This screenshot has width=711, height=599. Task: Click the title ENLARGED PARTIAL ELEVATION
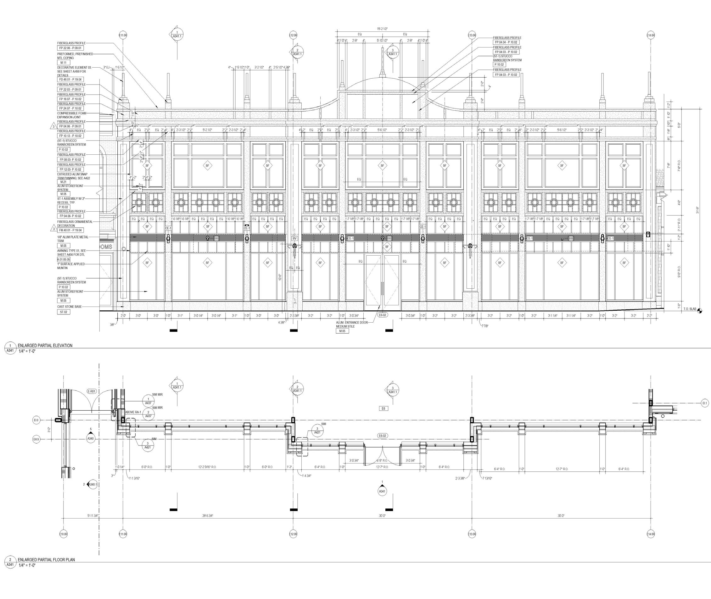coord(45,345)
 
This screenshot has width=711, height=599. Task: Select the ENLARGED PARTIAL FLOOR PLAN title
coord(46,559)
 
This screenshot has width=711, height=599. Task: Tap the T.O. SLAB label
coord(688,309)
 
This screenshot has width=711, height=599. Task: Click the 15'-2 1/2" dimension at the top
coord(382,29)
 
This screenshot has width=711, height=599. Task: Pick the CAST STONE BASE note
coord(69,307)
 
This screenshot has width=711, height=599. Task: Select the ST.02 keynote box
coord(64,312)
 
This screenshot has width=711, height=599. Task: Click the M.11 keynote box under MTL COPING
coord(64,63)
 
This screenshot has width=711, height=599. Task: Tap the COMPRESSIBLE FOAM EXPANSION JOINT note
coord(71,115)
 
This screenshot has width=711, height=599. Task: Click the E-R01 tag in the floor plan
coord(92,391)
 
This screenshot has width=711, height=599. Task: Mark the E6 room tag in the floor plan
coord(383,408)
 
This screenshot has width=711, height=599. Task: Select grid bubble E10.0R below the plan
coord(64,534)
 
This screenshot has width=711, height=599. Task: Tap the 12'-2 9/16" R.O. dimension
coord(207,467)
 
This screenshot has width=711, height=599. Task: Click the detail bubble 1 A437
coord(148,401)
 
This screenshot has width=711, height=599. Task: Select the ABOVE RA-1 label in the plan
coord(133,412)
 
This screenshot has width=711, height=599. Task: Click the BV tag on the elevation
coord(294,238)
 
